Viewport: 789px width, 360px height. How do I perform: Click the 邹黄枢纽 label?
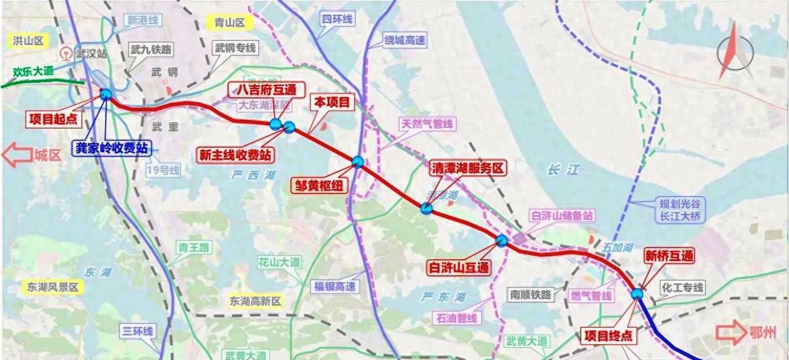[319, 184]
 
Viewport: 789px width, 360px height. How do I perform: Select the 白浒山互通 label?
[459, 267]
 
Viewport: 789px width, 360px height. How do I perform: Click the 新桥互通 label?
[668, 255]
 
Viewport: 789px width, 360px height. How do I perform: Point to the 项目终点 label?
[608, 336]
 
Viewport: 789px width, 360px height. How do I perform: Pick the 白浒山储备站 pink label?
[562, 216]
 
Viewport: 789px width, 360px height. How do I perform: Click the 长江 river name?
[562, 170]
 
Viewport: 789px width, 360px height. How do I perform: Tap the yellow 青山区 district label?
[230, 23]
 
